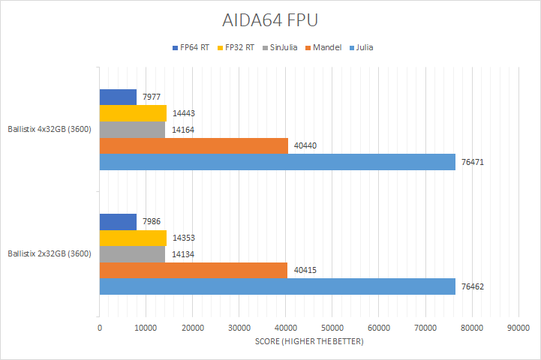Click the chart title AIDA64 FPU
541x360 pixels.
click(x=271, y=20)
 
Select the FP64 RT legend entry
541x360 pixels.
click(x=194, y=47)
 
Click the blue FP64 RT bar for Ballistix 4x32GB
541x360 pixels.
click(x=118, y=97)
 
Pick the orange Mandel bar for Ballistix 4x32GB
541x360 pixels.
click(x=194, y=145)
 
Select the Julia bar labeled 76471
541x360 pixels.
click(x=277, y=162)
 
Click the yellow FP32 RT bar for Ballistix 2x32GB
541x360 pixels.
click(x=133, y=238)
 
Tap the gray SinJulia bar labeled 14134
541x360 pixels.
click(x=132, y=254)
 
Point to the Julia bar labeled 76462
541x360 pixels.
click(x=277, y=286)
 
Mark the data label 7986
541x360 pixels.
click(x=152, y=222)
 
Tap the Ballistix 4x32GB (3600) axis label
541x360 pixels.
click(x=50, y=129)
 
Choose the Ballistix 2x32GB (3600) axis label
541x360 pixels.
click(x=50, y=253)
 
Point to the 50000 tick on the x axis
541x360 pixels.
click(x=332, y=328)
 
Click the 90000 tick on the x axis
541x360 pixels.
click(x=518, y=328)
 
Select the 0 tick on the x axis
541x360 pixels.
click(x=100, y=328)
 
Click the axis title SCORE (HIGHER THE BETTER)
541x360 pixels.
click(x=308, y=342)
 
